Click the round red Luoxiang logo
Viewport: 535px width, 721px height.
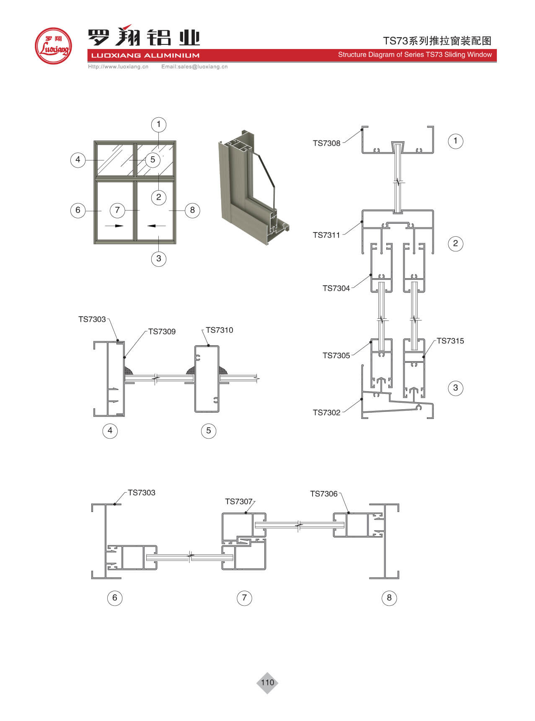[x=53, y=46]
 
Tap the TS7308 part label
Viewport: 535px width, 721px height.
[x=327, y=143]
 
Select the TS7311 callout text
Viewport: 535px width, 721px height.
[x=326, y=235]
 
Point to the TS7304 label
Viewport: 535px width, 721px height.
[x=336, y=288]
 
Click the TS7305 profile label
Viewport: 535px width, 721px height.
[x=336, y=356]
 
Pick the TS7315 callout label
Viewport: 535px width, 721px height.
[x=450, y=341]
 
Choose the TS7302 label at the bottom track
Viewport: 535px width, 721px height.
[x=327, y=413]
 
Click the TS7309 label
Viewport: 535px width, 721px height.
[x=162, y=332]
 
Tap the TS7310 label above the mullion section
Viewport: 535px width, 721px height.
[x=220, y=330]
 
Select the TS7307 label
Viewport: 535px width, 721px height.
[x=239, y=501]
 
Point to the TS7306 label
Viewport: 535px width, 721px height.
[x=324, y=494]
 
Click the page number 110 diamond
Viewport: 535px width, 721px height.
[x=267, y=682]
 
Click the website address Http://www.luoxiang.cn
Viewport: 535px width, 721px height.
[x=118, y=67]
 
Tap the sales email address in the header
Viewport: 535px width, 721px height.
[x=194, y=67]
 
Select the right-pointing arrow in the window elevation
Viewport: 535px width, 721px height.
[x=114, y=226]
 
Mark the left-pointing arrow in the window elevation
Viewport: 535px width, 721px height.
[x=156, y=226]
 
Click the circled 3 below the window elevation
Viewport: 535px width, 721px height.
[x=159, y=258]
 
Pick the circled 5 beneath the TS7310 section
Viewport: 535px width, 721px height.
[x=209, y=431]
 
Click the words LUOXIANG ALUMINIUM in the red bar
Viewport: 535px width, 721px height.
[x=145, y=55]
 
